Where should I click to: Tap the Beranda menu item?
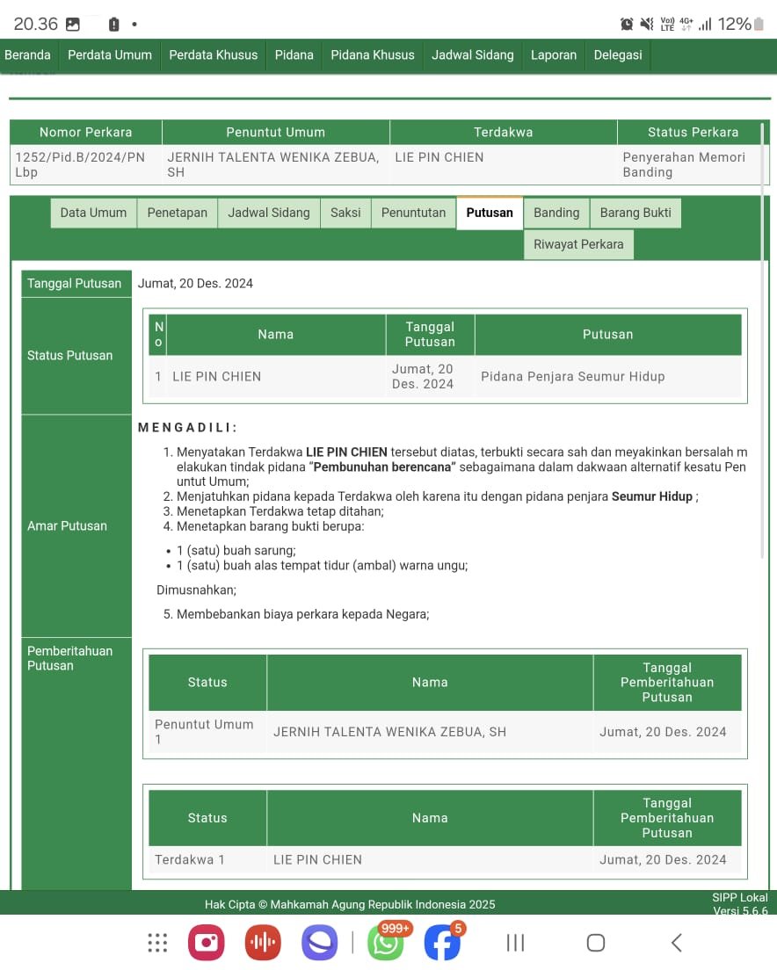click(x=28, y=54)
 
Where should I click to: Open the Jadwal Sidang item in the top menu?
click(x=472, y=54)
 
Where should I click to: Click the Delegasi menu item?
click(x=618, y=54)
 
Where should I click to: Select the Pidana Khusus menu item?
click(x=373, y=54)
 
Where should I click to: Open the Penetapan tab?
click(x=177, y=213)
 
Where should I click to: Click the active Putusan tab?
click(x=490, y=213)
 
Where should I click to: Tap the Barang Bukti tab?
click(x=635, y=213)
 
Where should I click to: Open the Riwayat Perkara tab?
click(x=578, y=244)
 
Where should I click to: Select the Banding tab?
click(x=556, y=213)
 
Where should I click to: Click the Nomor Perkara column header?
click(x=85, y=133)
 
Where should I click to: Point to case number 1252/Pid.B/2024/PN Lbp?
click(x=80, y=164)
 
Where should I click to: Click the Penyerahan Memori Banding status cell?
click(x=684, y=164)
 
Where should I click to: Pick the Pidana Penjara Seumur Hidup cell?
click(x=572, y=376)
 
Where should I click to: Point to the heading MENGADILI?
click(x=188, y=428)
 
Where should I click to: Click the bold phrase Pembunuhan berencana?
click(x=383, y=467)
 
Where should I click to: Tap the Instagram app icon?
click(x=207, y=943)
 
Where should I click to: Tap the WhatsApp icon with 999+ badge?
click(x=386, y=943)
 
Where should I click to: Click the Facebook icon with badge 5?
click(x=442, y=943)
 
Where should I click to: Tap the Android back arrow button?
click(x=676, y=943)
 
